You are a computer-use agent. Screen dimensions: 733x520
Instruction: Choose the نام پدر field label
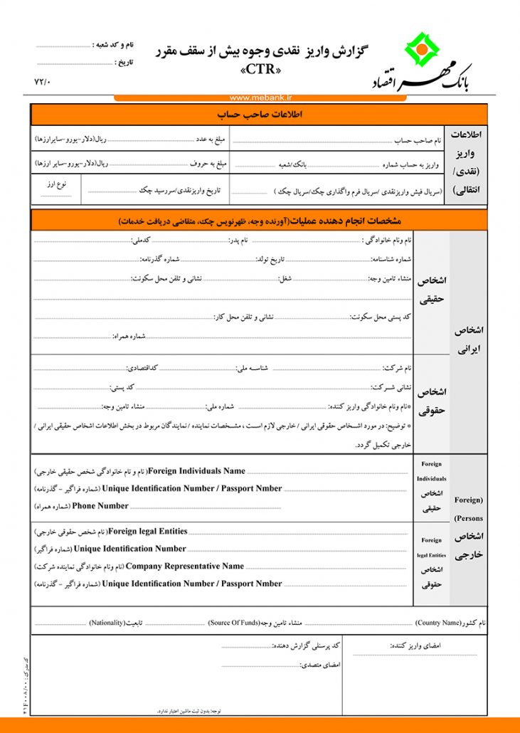pos(238,241)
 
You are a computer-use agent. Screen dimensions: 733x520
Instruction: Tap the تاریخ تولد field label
pos(270,258)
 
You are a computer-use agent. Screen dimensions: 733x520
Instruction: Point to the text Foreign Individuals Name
pos(196,471)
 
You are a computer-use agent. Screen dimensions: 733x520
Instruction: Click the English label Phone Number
pos(100,506)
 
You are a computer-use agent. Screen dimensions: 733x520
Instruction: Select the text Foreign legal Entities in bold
pos(148,531)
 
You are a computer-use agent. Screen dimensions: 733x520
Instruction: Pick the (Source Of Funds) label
pos(233,623)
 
